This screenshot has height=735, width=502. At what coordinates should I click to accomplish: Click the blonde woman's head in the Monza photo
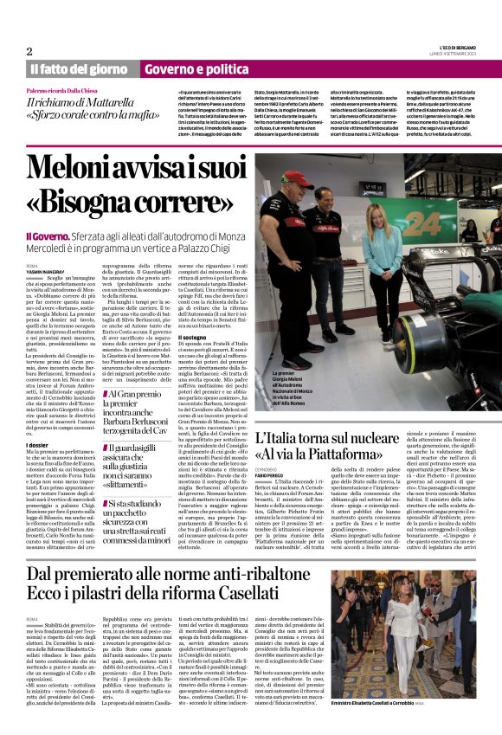pos(380,213)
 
